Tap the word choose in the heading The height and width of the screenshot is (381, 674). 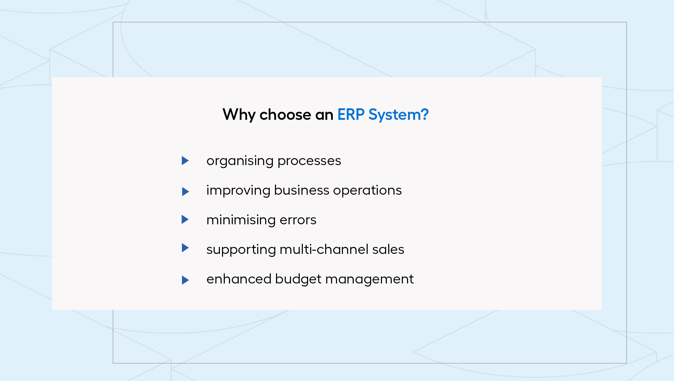point(285,115)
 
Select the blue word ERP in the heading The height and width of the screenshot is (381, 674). point(351,115)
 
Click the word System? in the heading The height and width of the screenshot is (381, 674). point(398,115)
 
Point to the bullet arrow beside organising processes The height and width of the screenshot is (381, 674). point(185,161)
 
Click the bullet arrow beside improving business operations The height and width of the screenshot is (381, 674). point(185,192)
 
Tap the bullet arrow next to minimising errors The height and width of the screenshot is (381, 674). point(185,219)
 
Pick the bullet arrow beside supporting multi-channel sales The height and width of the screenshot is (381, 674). point(185,248)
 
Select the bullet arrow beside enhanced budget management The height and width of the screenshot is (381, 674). point(185,280)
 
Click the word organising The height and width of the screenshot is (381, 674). point(240,161)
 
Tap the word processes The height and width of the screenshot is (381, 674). point(309,162)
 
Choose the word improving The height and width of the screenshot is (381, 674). point(238,191)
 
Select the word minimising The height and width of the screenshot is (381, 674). point(241,220)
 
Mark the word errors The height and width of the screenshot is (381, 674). point(298,220)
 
